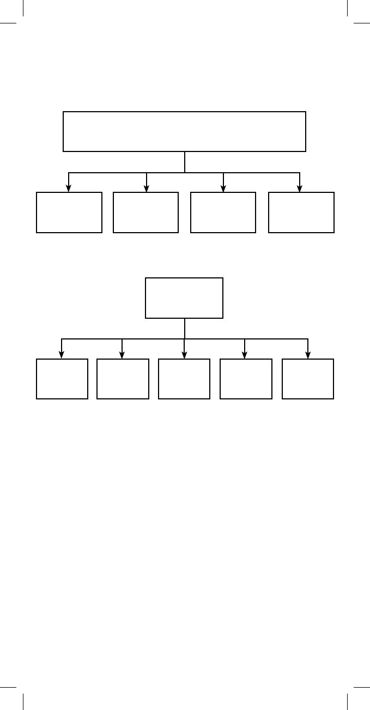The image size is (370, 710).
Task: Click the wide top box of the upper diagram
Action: point(184,131)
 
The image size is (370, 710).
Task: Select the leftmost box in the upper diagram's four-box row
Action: point(69,213)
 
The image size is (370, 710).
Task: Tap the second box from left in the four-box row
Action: point(145,213)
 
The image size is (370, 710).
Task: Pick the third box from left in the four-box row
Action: point(223,213)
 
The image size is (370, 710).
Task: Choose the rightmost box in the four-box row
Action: point(301,213)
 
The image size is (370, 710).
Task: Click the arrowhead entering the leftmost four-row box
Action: point(69,189)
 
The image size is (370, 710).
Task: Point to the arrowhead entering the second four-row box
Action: point(147,189)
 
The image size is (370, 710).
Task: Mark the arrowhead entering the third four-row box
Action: point(223,189)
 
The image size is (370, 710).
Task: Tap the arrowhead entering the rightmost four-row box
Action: point(300,189)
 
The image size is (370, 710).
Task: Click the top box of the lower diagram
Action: point(184,298)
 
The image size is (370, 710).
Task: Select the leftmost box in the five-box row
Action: point(62,379)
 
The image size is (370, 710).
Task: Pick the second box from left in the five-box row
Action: point(123,379)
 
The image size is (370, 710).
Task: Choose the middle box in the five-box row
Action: point(184,379)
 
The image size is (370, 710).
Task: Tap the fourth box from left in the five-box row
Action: point(246,379)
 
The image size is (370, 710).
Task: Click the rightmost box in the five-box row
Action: point(308,379)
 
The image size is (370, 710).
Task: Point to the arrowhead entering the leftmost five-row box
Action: point(62,355)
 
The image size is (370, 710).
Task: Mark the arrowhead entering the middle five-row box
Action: point(184,355)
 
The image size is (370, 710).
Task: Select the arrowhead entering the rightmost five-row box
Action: point(308,355)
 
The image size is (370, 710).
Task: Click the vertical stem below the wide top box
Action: point(185,162)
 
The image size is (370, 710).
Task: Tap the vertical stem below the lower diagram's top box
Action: point(185,329)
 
